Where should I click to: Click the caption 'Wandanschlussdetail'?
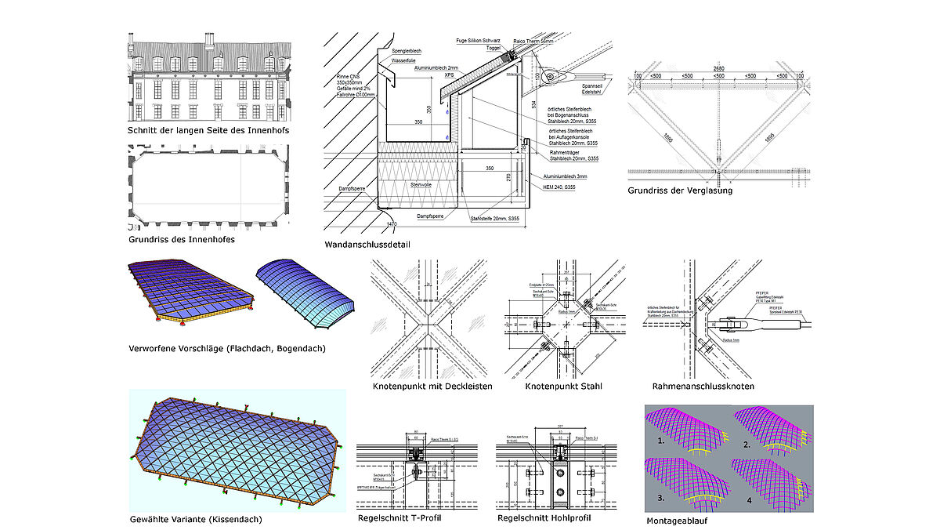367,245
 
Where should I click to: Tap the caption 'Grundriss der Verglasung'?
670,190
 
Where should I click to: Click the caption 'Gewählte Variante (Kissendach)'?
196,518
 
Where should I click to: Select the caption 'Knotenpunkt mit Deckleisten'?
433,386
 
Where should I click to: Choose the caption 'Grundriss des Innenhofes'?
182,239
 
